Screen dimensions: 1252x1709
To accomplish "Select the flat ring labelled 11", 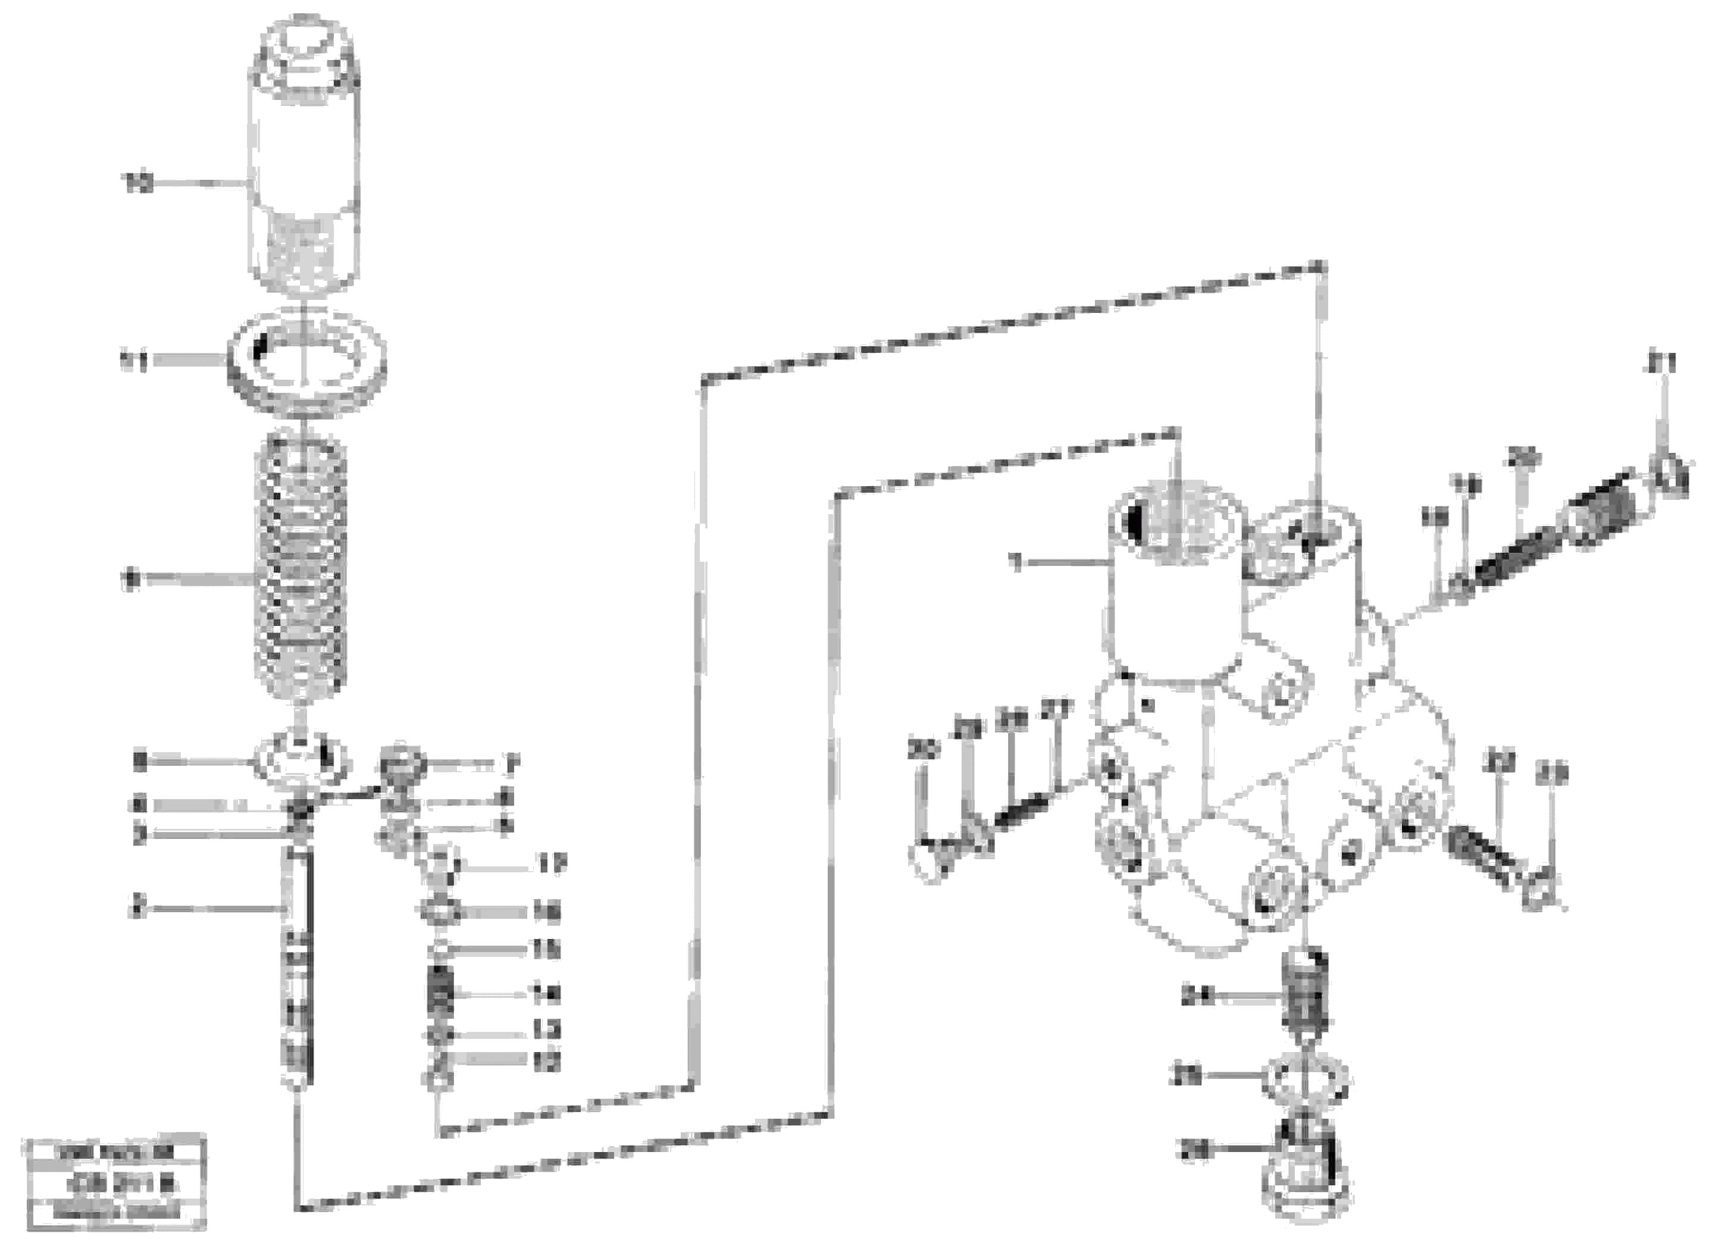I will pyautogui.click(x=307, y=359).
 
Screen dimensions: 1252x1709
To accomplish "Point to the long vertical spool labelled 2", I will pyautogui.click(x=298, y=962).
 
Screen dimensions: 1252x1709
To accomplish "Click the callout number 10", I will pyautogui.click(x=139, y=183).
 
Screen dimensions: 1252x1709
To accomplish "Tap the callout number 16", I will pyautogui.click(x=546, y=911).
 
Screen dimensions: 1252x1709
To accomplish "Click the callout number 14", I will pyautogui.click(x=546, y=994).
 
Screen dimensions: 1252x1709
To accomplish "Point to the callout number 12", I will pyautogui.click(x=546, y=1062).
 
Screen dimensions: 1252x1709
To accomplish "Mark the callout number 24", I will pyautogui.click(x=1197, y=998).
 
